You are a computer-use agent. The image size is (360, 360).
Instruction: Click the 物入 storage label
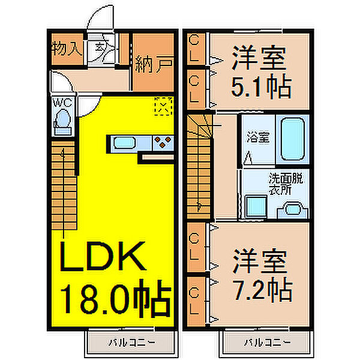click(x=67, y=48)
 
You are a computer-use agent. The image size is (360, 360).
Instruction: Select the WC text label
click(x=64, y=103)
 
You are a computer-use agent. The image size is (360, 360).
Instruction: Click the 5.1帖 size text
click(x=262, y=88)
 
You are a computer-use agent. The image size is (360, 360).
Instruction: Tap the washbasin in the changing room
click(x=292, y=208)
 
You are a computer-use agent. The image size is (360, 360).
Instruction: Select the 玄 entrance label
click(x=98, y=46)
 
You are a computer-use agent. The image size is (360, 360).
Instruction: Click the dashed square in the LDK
click(x=163, y=107)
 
